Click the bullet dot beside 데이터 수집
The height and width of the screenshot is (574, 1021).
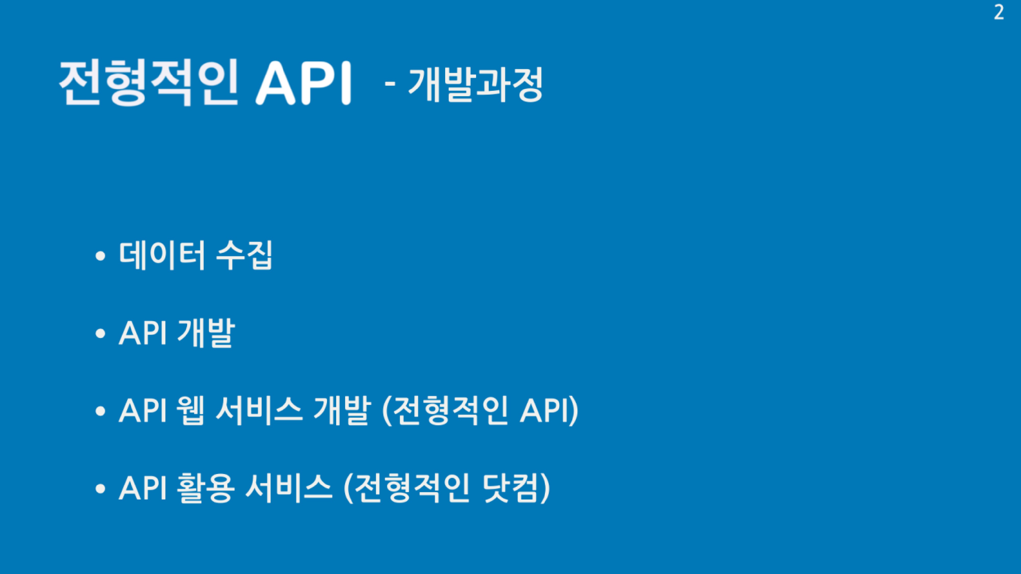tap(101, 256)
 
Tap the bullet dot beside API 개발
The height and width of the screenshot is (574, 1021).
tap(101, 333)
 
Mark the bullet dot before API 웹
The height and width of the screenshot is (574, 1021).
tap(101, 411)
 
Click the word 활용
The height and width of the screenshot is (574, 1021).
tap(206, 489)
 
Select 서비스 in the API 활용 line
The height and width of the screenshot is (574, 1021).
tap(288, 489)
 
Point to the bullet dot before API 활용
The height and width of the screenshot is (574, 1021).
tap(101, 489)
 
